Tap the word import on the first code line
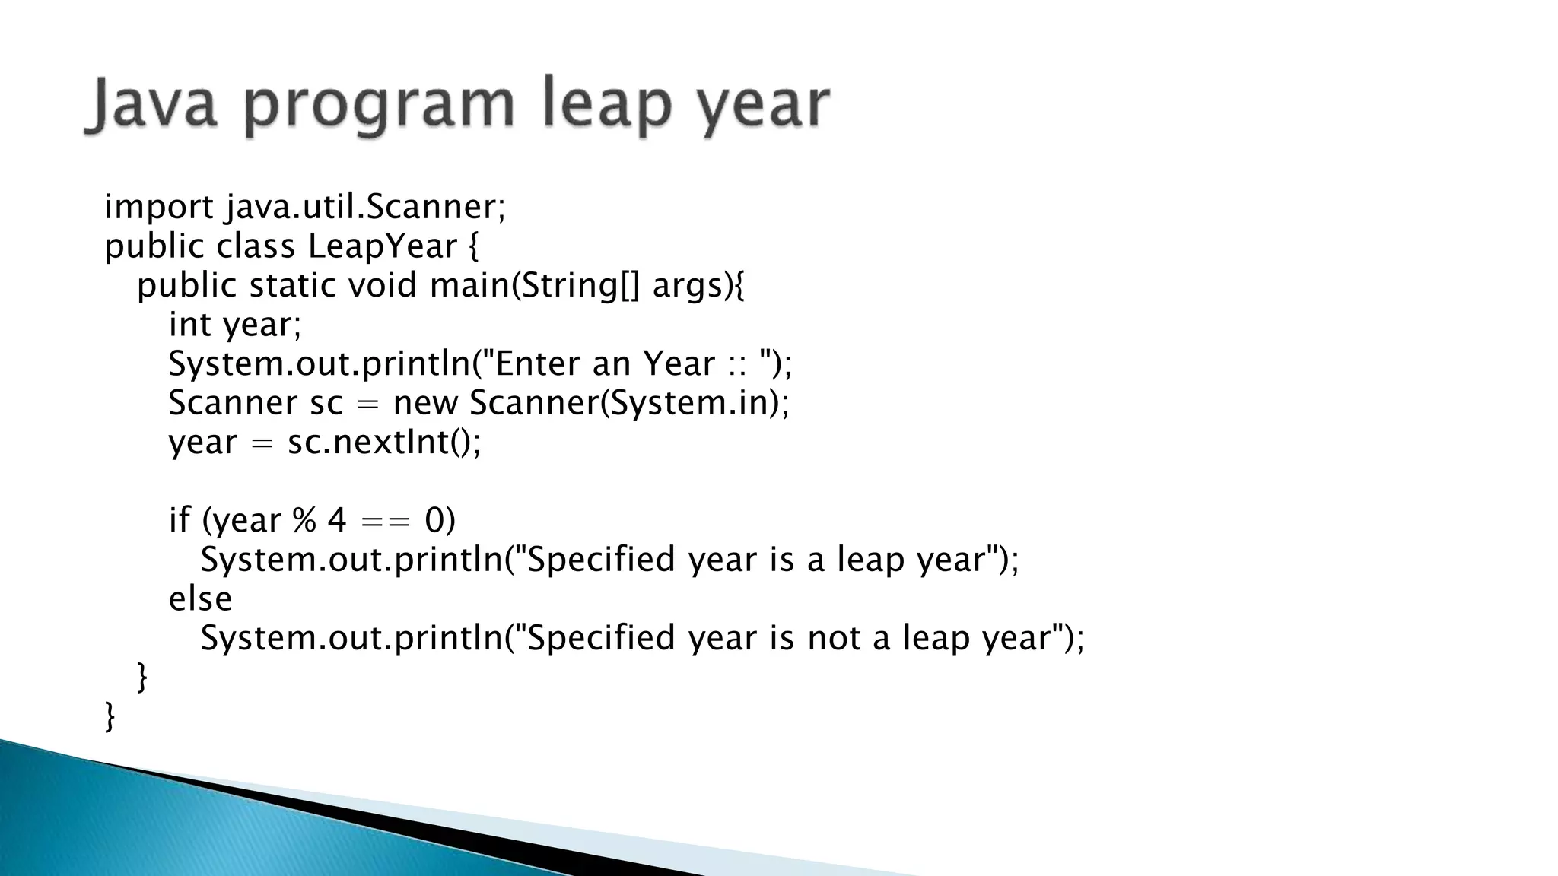click(x=159, y=207)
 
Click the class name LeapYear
click(x=383, y=246)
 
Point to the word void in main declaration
click(x=383, y=285)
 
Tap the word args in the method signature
click(x=687, y=287)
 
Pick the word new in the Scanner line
click(x=424, y=403)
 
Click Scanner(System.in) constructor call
click(x=628, y=403)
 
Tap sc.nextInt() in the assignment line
click(x=383, y=442)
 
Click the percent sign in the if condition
click(x=304, y=521)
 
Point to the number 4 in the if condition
click(x=336, y=521)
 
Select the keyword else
click(x=200, y=598)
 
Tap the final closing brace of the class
click(x=110, y=716)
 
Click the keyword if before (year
click(x=179, y=521)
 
